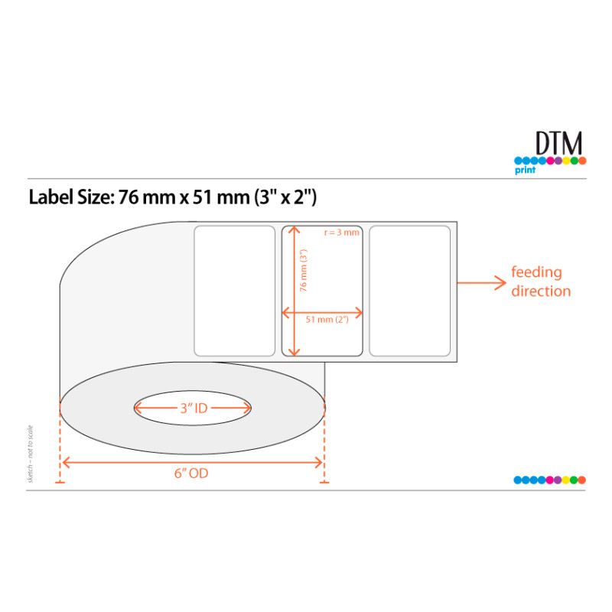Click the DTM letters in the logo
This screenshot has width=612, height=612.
[x=558, y=144]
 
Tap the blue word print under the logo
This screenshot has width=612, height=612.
[x=525, y=171]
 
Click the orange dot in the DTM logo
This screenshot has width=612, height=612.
[x=582, y=161]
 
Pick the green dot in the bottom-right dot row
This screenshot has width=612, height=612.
[x=574, y=480]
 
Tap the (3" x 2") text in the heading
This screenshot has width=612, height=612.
[x=285, y=197]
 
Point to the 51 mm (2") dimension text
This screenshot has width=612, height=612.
[x=327, y=320]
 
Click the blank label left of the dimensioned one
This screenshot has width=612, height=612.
[x=234, y=291]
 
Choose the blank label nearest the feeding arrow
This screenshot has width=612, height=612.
[x=410, y=291]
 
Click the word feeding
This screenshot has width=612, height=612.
[x=536, y=272]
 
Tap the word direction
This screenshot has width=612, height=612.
[x=541, y=291]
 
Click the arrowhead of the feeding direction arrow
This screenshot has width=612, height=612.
[x=500, y=282]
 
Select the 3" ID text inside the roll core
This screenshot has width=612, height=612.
[x=194, y=409]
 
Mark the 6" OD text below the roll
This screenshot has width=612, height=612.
[x=191, y=474]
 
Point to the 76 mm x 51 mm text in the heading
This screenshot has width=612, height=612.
[x=182, y=197]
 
